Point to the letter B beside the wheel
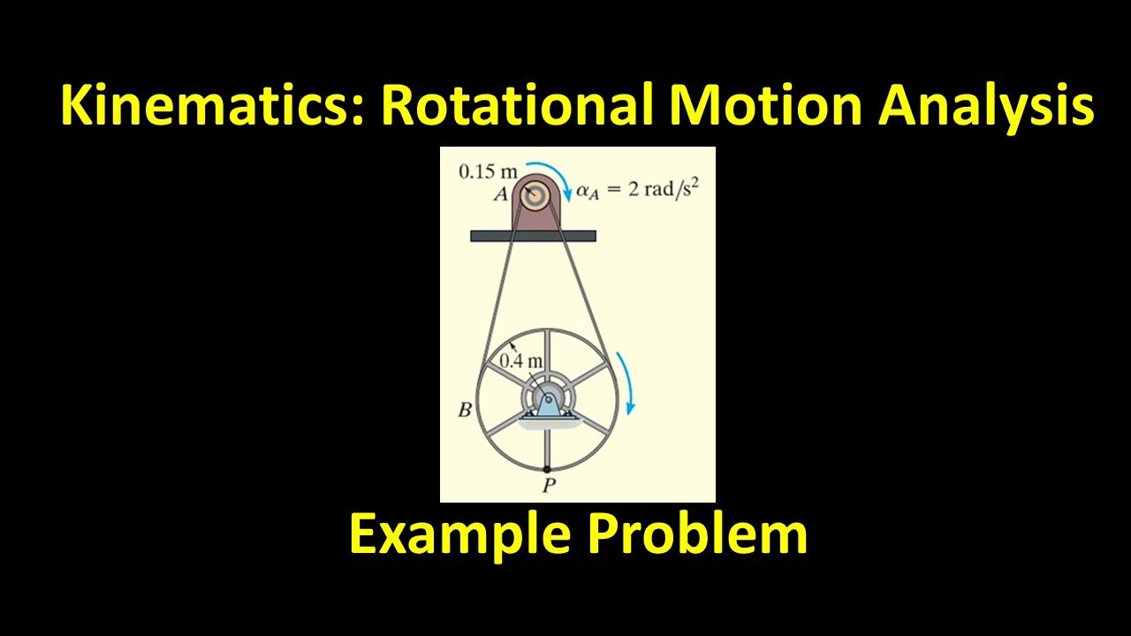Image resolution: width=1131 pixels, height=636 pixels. point(463,410)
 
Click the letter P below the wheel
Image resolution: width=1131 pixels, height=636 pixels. point(548,485)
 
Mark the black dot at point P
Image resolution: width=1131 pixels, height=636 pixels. point(547,468)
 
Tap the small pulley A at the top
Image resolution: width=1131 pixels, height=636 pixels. point(533,196)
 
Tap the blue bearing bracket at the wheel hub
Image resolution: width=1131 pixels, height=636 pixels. point(547,405)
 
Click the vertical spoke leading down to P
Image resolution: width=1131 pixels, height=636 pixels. point(547,446)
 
